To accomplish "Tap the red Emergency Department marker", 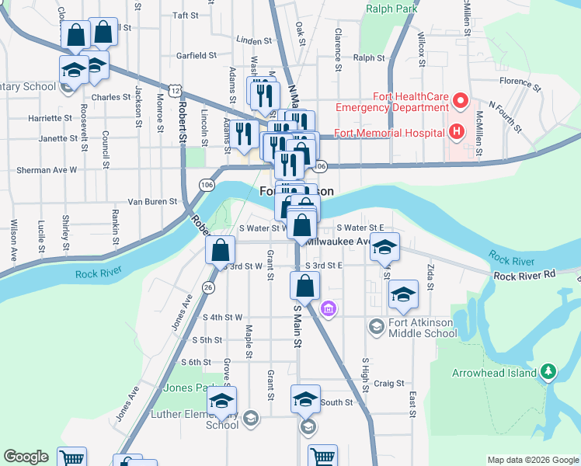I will click(460, 101).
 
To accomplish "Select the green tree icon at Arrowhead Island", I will click(548, 372).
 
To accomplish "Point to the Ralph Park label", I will click(392, 9).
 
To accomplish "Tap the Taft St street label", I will click(186, 15).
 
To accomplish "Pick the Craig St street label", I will click(389, 383).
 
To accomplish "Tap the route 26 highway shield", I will click(207, 288).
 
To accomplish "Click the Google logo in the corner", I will click(26, 457).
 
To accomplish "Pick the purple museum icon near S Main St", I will click(329, 309).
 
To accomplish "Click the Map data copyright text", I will click(532, 460).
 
